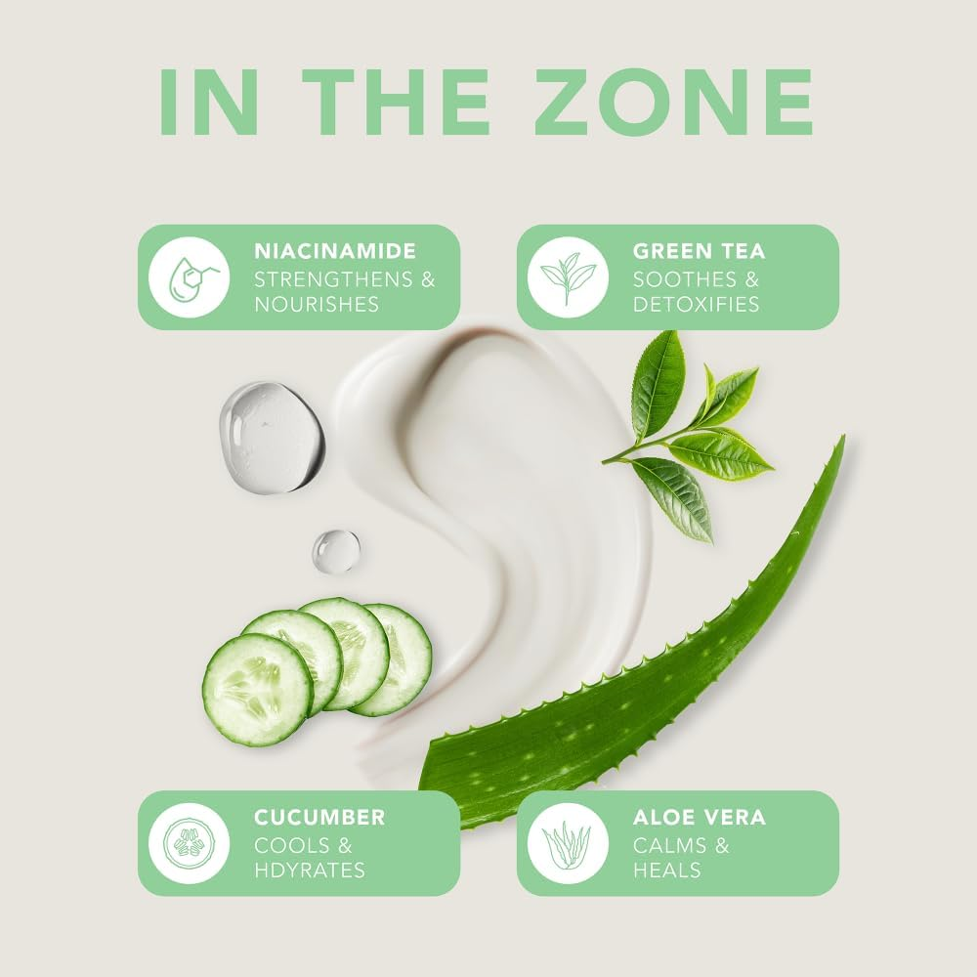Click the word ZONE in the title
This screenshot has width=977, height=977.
(x=674, y=102)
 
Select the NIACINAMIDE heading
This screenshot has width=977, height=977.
(x=335, y=251)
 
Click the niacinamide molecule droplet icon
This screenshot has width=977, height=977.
(x=189, y=277)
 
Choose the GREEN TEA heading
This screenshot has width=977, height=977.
(x=700, y=251)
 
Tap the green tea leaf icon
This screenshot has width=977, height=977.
(x=568, y=277)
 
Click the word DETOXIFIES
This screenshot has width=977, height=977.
(x=696, y=304)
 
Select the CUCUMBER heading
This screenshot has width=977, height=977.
(x=319, y=817)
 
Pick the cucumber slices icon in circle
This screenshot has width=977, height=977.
(x=189, y=843)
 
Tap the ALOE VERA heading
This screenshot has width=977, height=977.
(x=700, y=817)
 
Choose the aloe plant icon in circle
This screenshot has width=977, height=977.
(x=568, y=843)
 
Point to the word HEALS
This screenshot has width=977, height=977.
(x=667, y=870)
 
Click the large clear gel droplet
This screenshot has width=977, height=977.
(x=271, y=437)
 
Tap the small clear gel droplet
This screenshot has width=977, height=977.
(x=335, y=551)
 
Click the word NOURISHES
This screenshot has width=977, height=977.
(x=317, y=304)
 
